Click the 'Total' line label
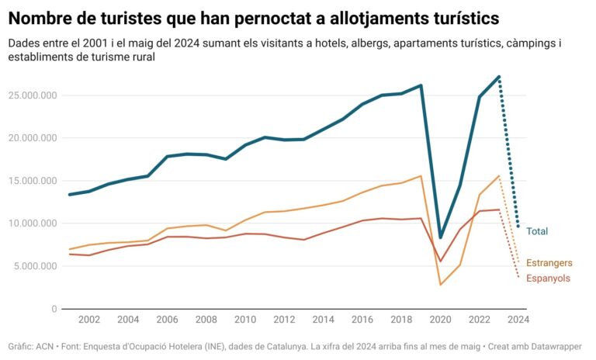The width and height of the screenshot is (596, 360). click(537, 231)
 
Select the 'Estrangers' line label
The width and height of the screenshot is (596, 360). click(549, 263)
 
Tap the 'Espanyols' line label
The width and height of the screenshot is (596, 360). click(548, 279)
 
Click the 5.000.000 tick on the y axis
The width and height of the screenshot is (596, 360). click(33, 266)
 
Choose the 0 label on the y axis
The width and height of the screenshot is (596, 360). click(54, 309)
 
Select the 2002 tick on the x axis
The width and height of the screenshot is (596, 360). click(88, 320)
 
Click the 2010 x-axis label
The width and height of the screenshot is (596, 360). click(245, 320)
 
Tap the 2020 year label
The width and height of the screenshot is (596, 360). click(441, 320)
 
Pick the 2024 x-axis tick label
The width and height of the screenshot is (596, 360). click(518, 320)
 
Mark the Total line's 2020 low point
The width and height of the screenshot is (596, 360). click(441, 237)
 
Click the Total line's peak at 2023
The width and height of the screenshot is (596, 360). click(499, 77)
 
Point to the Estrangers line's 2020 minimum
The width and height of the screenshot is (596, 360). click(441, 284)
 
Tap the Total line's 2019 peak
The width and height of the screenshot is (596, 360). click(421, 85)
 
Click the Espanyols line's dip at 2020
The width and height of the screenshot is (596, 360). click(441, 261)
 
